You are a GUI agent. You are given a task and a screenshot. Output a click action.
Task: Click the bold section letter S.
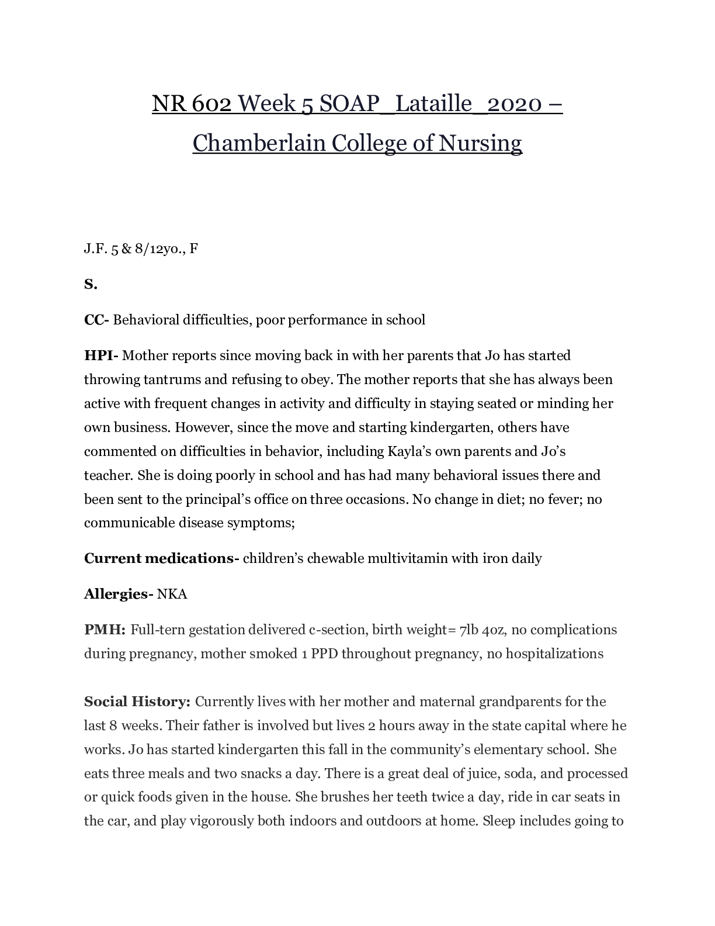point(90,285)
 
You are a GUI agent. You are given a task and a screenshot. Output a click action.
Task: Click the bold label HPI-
point(102,355)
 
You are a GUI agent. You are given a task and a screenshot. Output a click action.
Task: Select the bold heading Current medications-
point(161,558)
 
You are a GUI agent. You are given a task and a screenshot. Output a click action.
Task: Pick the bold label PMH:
point(105,630)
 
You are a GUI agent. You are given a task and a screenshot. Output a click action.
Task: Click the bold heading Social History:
point(137,702)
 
